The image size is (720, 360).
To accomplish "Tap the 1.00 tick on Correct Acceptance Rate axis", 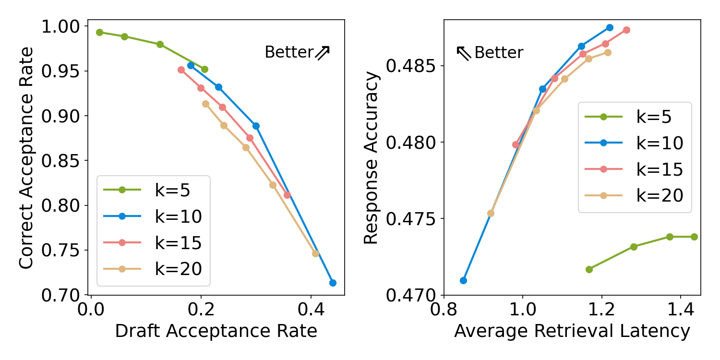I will [x=62, y=27].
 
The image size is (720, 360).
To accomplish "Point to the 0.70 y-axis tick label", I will [x=62, y=295].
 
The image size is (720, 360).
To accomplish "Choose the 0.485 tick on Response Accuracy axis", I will [x=411, y=66].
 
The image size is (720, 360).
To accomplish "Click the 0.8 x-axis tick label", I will [x=444, y=310].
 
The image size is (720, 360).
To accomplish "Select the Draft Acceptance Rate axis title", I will [x=216, y=332].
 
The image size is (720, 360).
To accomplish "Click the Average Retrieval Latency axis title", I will [x=572, y=332].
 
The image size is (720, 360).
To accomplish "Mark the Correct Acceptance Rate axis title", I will [x=27, y=158].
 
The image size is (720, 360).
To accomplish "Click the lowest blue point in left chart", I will [x=333, y=283].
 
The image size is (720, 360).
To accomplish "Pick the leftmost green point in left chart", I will [x=99, y=32].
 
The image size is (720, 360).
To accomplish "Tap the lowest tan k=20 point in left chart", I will [x=315, y=253].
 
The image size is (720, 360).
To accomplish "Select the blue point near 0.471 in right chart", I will [x=463, y=280].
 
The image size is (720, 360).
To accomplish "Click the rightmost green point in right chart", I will [x=694, y=237].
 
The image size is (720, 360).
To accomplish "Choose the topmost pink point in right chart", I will [x=626, y=30].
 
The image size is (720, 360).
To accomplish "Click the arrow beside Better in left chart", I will [x=323, y=52].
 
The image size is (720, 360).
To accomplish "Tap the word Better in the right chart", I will [x=499, y=53].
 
